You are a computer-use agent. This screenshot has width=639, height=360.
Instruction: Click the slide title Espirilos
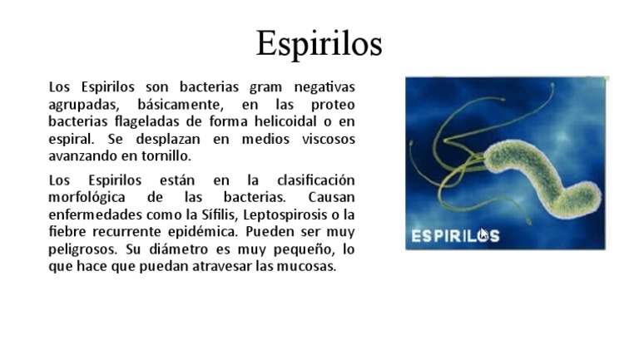(x=319, y=43)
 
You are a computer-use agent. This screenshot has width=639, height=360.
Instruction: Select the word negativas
(x=324, y=87)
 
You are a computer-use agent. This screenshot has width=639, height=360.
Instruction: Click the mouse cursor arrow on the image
(x=484, y=234)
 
